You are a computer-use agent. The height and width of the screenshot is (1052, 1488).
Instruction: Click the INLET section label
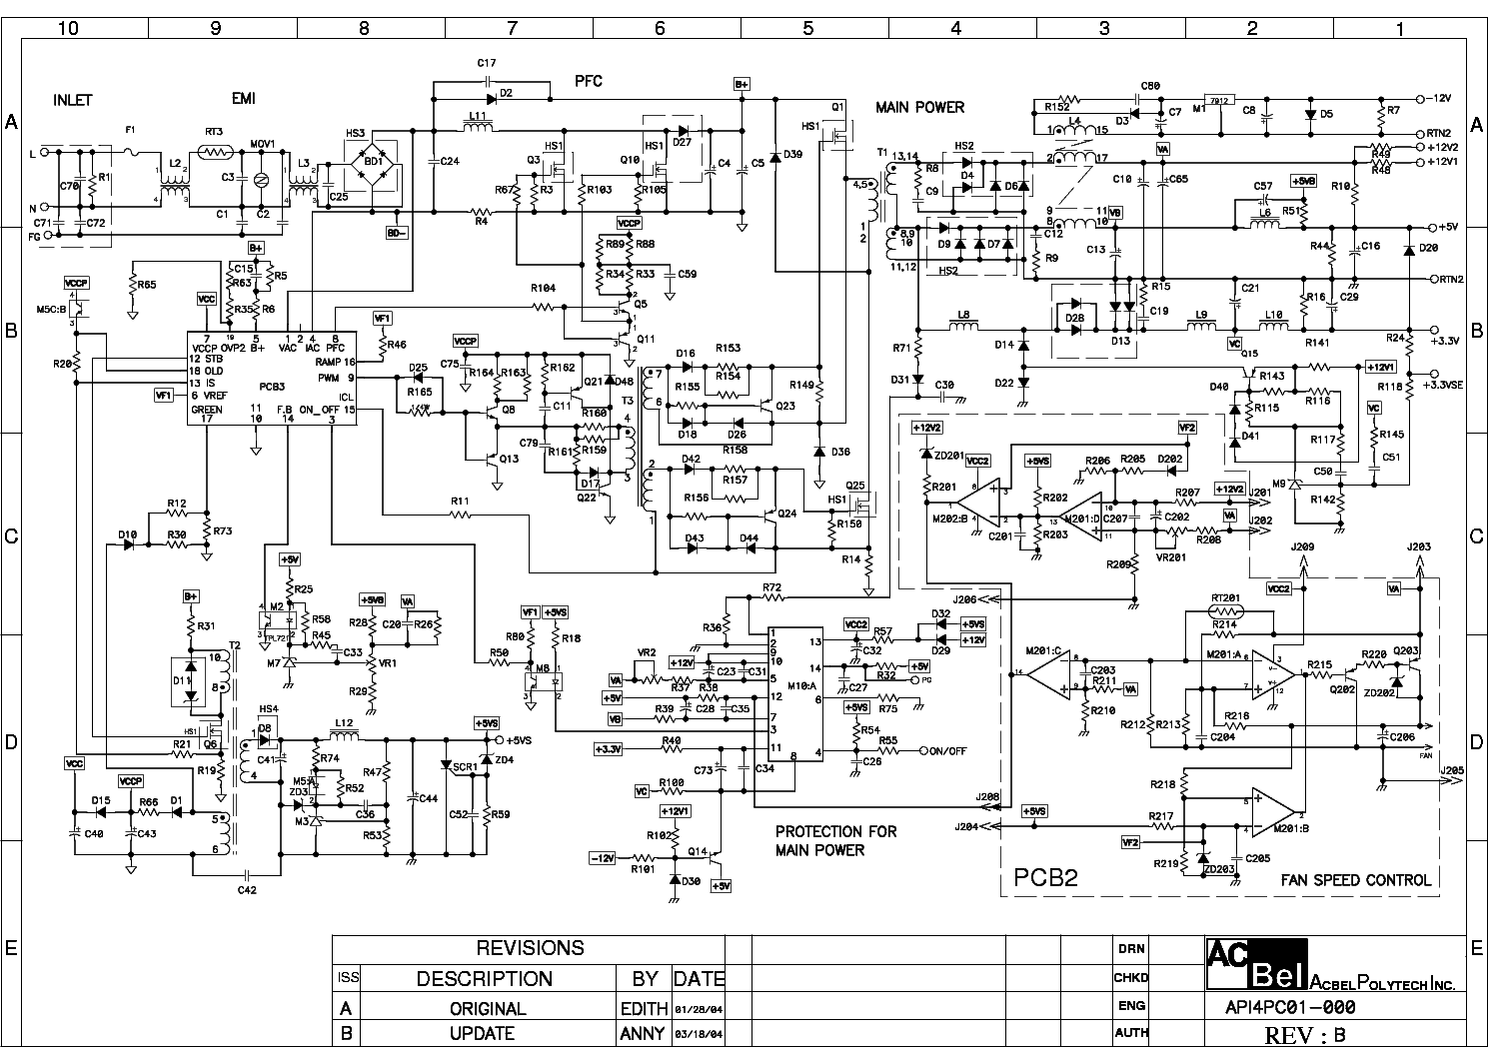[72, 100]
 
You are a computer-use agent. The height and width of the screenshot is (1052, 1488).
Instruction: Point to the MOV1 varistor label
[262, 143]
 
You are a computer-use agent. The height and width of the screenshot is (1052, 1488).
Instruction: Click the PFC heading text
[589, 80]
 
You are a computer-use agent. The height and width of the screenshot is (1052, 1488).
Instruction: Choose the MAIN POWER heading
[919, 107]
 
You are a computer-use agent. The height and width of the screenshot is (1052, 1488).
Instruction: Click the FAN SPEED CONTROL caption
[1355, 880]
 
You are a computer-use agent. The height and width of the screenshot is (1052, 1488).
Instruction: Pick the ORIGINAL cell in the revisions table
[488, 1008]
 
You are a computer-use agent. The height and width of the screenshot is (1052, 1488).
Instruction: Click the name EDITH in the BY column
[644, 1008]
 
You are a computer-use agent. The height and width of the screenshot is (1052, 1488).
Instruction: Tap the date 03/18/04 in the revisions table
[699, 1034]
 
